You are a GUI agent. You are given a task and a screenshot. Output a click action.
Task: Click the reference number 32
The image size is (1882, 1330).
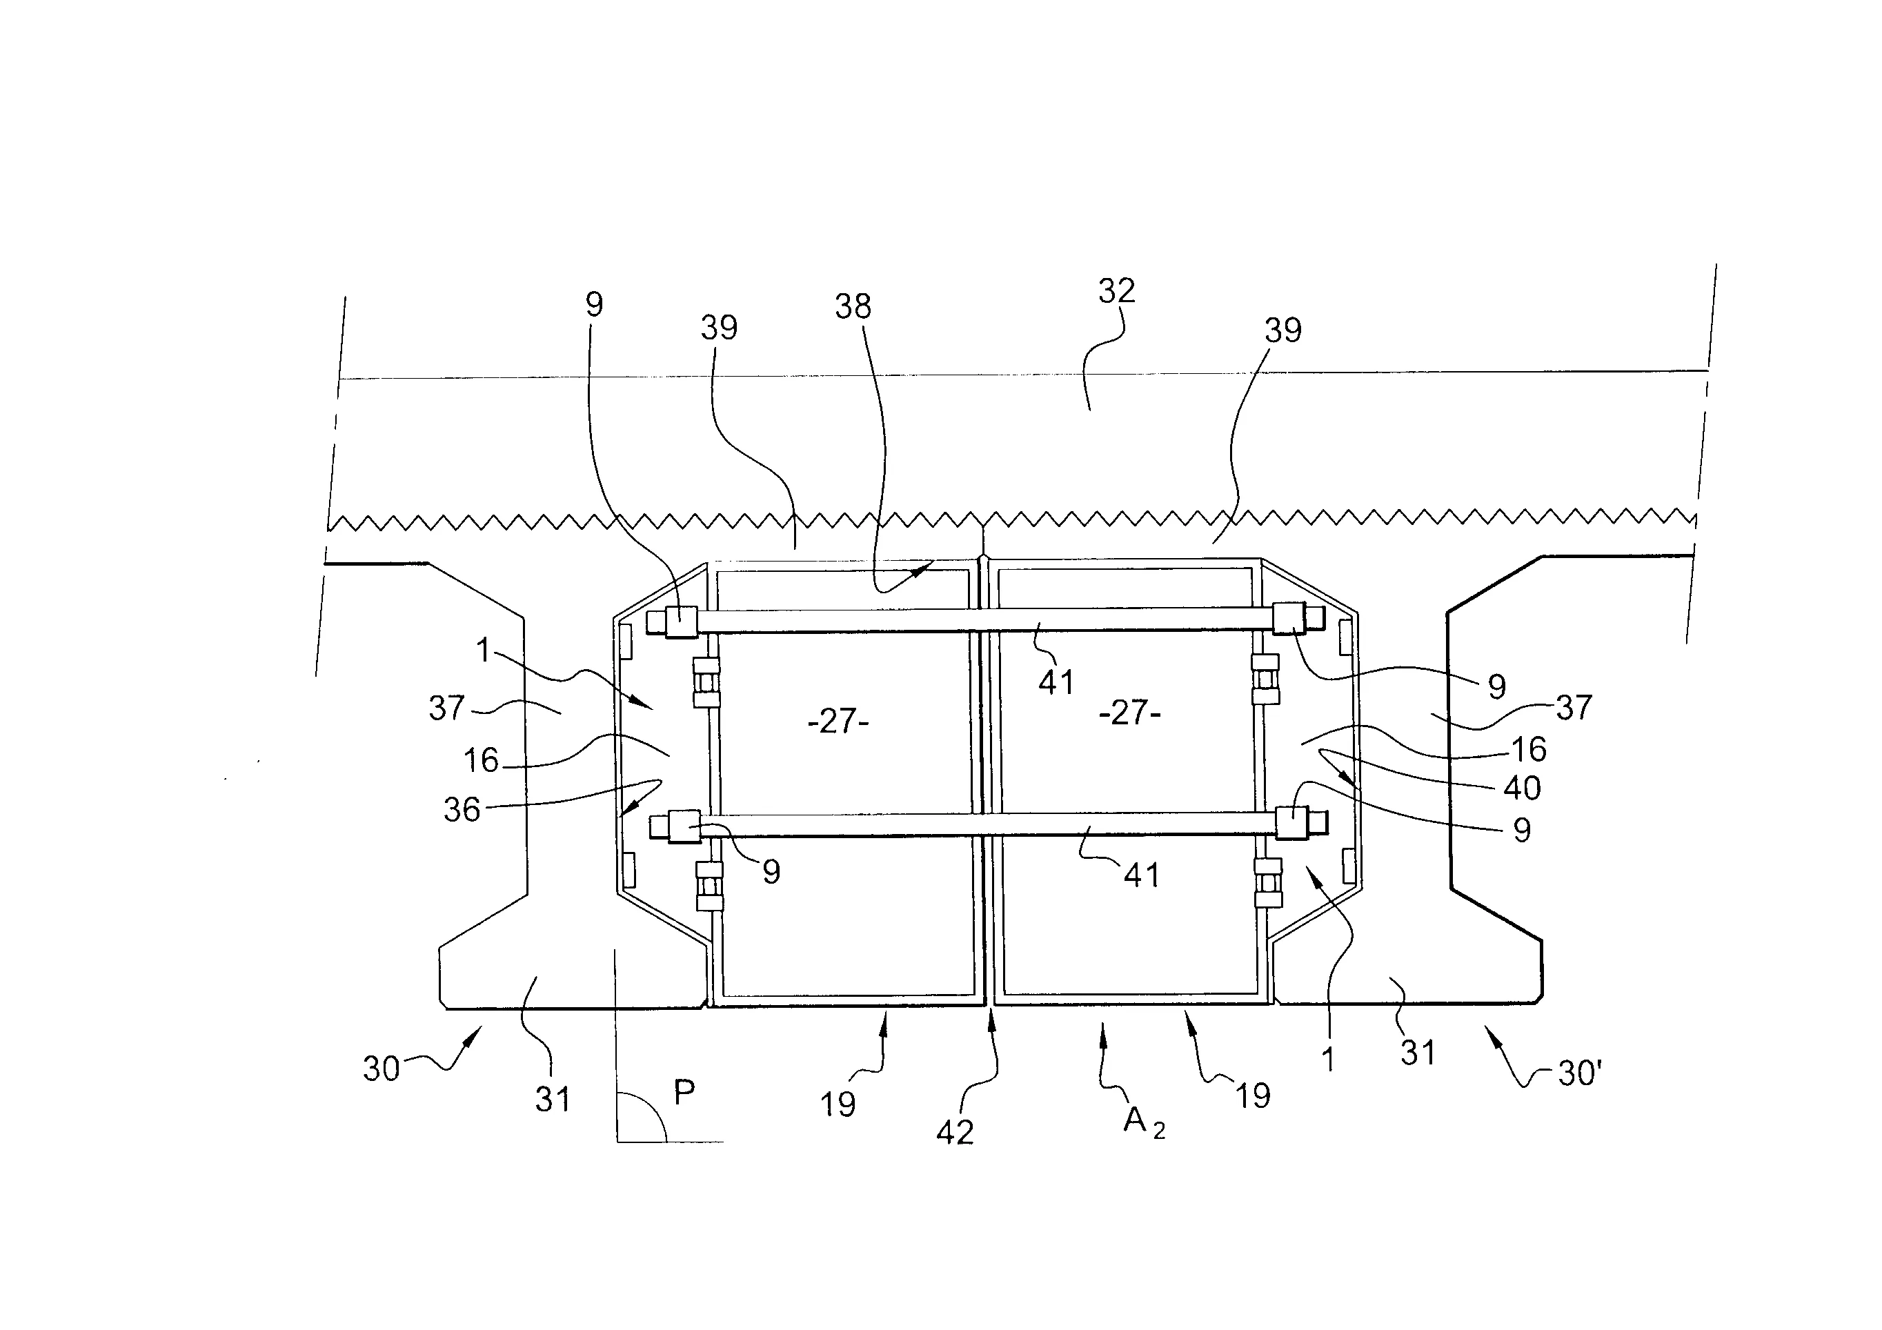point(1116,291)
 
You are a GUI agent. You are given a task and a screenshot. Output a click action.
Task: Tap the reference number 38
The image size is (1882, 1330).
point(853,306)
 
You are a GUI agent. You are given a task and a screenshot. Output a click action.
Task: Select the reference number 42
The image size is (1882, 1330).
point(955,1133)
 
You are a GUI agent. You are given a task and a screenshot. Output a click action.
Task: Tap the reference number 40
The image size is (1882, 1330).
point(1522,788)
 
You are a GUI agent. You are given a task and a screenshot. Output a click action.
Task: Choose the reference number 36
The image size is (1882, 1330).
point(462,811)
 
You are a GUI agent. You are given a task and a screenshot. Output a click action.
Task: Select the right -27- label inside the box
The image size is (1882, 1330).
point(1129,713)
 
